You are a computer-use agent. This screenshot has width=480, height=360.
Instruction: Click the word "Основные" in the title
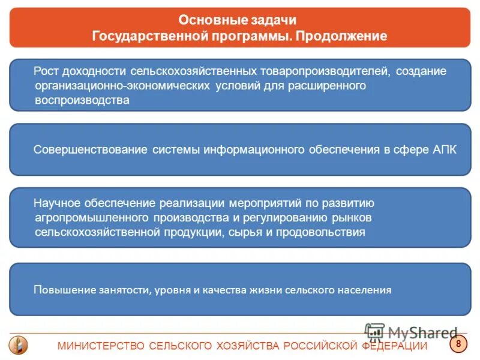[205, 21]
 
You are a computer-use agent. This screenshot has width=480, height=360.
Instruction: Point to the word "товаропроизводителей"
[325, 71]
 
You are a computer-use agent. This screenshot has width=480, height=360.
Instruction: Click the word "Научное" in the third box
[56, 203]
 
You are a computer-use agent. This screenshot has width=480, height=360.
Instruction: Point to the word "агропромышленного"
[92, 217]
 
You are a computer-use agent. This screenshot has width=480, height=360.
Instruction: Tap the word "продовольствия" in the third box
[330, 231]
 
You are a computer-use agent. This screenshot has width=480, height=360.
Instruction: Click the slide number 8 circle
[458, 344]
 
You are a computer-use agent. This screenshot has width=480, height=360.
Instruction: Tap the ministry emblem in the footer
[18, 345]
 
